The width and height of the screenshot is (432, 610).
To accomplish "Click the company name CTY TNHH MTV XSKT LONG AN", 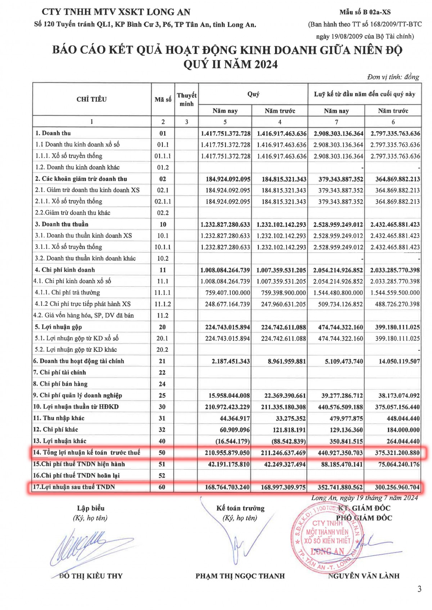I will (116, 12).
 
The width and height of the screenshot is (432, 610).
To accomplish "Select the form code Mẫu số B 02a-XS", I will (365, 12).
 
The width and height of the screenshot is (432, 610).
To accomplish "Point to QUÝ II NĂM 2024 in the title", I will (230, 64).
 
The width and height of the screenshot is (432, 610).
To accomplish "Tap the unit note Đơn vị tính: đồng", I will (393, 77).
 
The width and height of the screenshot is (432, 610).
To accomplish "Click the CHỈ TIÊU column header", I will (91, 99).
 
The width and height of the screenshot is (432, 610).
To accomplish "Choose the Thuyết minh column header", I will (186, 99).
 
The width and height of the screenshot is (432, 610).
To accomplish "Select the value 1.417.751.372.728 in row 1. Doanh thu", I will (226, 133).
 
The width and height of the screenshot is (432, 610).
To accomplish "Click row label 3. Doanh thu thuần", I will (62, 224).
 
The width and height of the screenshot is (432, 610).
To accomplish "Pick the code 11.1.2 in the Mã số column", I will (163, 304).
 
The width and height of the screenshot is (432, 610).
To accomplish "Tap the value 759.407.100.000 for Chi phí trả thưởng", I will (228, 293).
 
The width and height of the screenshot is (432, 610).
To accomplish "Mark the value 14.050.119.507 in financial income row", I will (399, 361).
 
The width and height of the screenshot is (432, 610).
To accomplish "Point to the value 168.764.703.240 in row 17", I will (227, 487).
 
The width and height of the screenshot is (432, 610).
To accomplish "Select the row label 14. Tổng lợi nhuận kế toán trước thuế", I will (87, 452).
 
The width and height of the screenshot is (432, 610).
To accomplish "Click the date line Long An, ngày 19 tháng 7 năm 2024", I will (364, 498).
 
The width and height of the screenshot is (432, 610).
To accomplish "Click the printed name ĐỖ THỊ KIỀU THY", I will (91, 576).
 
